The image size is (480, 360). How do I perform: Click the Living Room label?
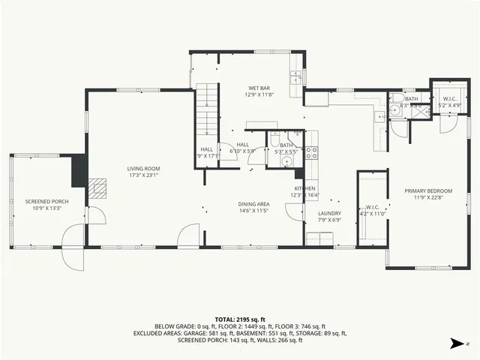(x=142, y=169)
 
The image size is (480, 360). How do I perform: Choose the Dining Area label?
(x=253, y=204)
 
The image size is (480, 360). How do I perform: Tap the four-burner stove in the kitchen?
(x=311, y=153)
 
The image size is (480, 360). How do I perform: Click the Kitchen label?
(x=304, y=188)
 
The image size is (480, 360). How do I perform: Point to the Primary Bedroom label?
(x=424, y=190)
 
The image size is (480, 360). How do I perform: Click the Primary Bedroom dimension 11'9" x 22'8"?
(x=424, y=198)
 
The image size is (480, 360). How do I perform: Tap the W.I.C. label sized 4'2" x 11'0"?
(x=371, y=208)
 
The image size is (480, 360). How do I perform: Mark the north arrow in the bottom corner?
(x=456, y=343)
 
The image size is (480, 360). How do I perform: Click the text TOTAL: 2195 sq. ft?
(x=239, y=319)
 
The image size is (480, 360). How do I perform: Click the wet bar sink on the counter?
(x=295, y=79)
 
